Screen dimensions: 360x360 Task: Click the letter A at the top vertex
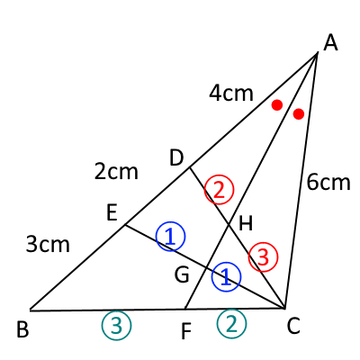330,43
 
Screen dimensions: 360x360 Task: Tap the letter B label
22,329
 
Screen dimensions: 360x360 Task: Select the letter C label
293,326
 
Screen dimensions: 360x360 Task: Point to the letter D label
176,158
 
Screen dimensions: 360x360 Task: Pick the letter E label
112,213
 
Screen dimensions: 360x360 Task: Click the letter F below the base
186,331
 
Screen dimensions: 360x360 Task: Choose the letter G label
182,275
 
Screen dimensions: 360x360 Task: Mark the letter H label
246,223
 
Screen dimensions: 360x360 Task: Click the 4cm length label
231,94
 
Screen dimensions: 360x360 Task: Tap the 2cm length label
116,172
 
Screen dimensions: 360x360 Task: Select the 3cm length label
48,244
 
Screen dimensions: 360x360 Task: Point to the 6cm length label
328,182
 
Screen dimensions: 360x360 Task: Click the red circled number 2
219,190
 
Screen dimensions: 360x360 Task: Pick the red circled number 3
263,257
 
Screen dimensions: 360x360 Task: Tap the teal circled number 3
117,326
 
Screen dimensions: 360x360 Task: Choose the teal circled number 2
231,324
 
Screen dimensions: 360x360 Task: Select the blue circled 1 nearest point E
171,237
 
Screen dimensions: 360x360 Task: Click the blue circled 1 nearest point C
226,277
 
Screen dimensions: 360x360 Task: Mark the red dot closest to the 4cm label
277,105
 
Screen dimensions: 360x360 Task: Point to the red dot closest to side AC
299,114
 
